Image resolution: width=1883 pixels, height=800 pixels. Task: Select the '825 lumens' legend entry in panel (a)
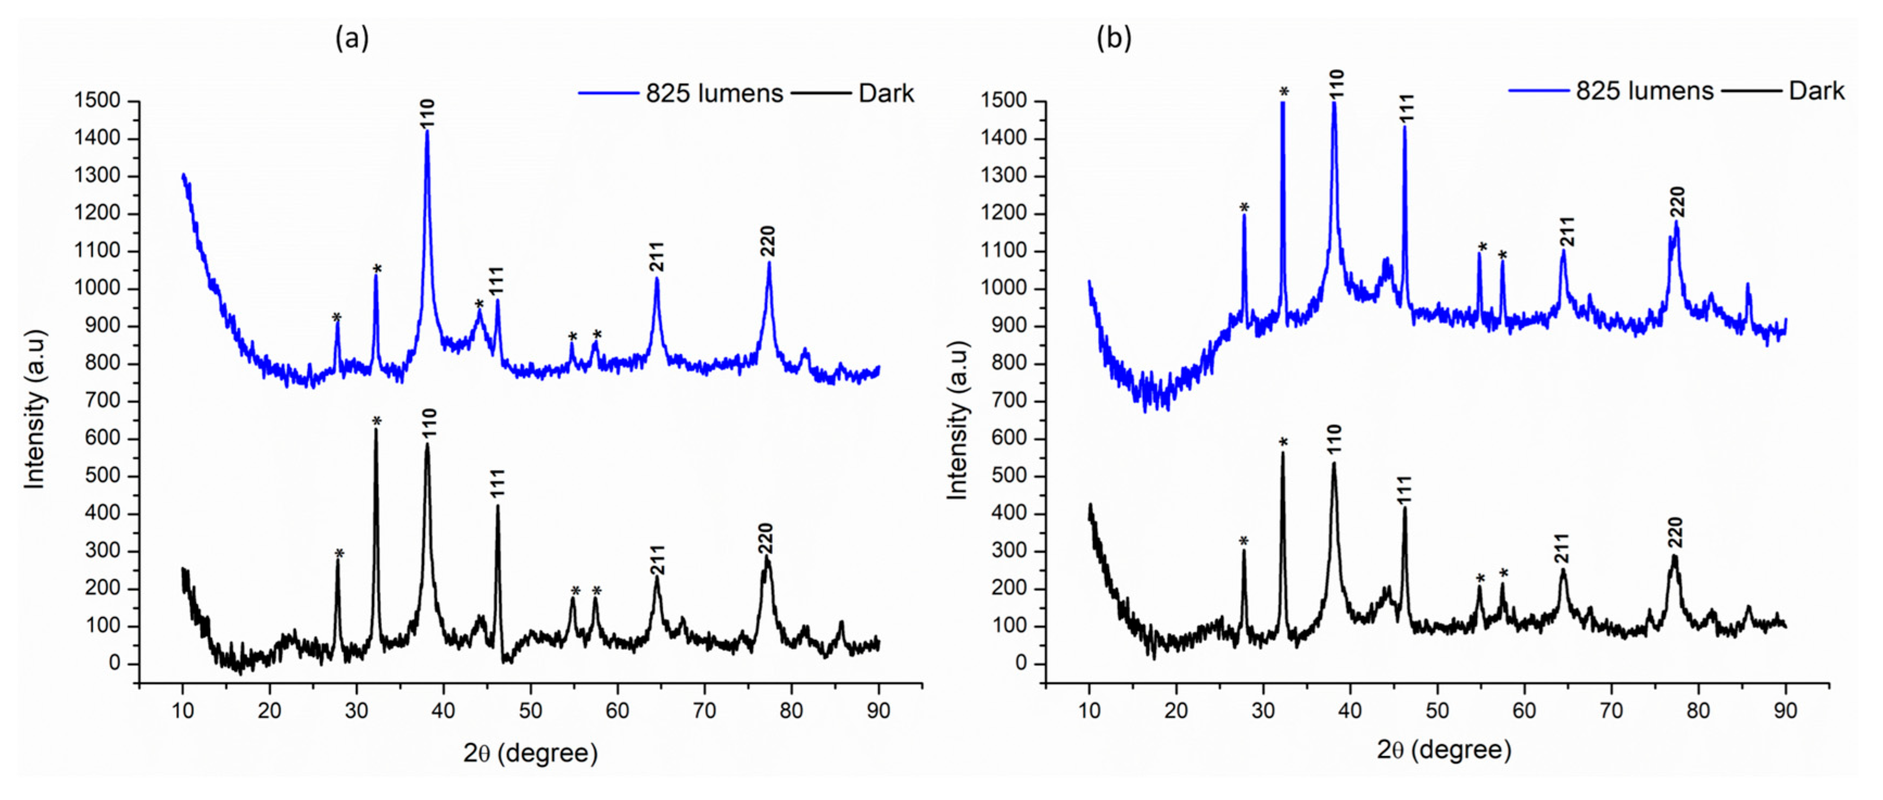point(714,93)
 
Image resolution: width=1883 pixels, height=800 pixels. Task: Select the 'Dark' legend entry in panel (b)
point(1816,91)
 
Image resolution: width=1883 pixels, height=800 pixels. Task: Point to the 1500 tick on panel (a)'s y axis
point(97,101)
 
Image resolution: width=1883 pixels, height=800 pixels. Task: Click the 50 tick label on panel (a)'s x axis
point(531,710)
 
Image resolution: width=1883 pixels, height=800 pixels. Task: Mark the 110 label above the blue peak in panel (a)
point(428,114)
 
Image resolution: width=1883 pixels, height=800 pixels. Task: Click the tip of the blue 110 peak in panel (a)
point(427,131)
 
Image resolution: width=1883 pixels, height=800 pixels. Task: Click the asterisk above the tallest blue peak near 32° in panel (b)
point(1283,91)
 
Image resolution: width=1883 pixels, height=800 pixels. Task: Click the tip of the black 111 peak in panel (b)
point(1404,507)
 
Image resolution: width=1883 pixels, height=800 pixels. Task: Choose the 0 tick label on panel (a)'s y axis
point(114,663)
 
